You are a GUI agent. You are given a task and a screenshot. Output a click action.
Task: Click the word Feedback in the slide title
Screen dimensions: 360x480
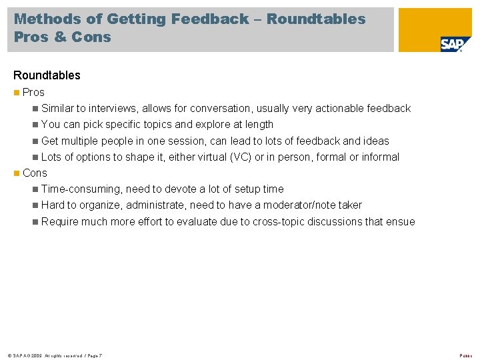coord(209,19)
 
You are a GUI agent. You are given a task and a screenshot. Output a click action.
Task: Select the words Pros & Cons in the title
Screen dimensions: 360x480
coord(63,37)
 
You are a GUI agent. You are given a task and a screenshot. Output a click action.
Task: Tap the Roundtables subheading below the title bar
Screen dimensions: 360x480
coord(47,75)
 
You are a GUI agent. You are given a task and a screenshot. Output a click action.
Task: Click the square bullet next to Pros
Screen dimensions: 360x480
coord(16,93)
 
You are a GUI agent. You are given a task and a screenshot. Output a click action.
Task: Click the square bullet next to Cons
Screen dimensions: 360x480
coord(16,173)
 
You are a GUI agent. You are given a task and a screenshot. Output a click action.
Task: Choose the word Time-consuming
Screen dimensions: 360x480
coord(81,189)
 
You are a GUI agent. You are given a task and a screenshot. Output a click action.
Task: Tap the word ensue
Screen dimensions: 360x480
coord(401,222)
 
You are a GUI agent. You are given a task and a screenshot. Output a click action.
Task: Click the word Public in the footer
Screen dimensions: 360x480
coord(465,355)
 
